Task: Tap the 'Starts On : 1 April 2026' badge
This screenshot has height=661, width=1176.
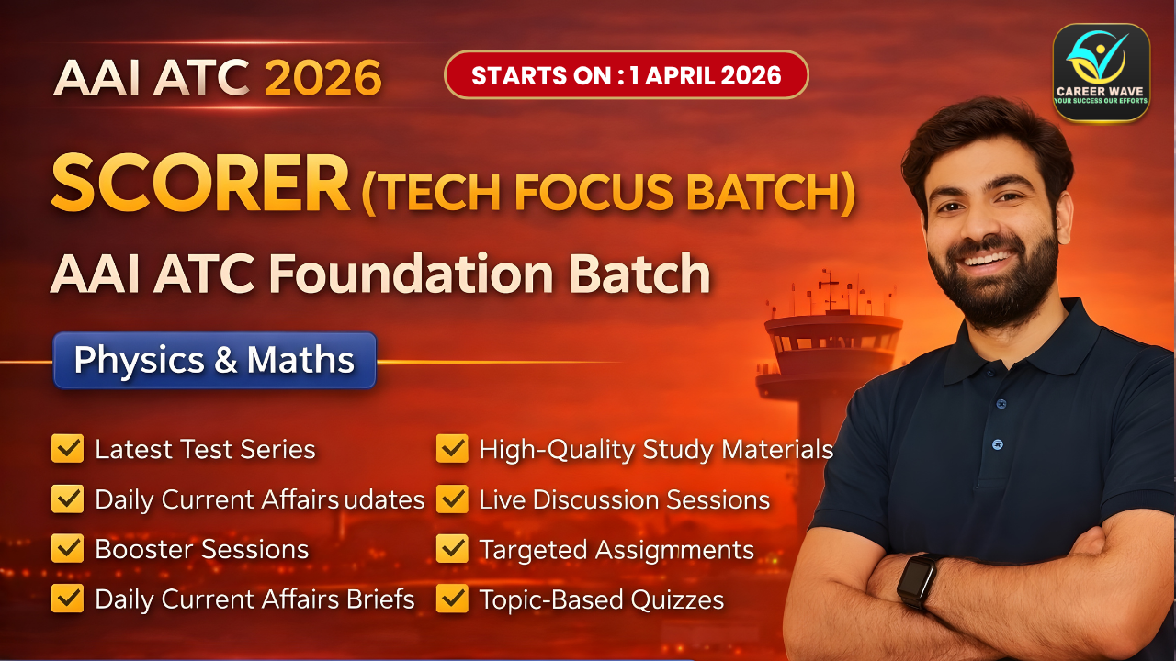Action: [x=626, y=74]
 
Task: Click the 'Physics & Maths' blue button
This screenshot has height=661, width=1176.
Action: [x=214, y=360]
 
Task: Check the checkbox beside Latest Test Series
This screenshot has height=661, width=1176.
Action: [x=68, y=449]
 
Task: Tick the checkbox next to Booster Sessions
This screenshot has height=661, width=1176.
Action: [x=68, y=549]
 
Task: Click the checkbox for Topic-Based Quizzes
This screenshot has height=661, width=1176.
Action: [x=452, y=599]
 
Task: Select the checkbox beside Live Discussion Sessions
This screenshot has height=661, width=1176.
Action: [x=452, y=499]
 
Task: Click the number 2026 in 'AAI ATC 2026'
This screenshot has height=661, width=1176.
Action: [x=322, y=78]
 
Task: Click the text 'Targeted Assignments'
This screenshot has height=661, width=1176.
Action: [x=616, y=550]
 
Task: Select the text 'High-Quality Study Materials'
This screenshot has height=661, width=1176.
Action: [x=656, y=450]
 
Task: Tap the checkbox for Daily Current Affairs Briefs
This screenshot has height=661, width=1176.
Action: [x=68, y=599]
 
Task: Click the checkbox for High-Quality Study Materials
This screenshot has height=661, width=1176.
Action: [x=452, y=449]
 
